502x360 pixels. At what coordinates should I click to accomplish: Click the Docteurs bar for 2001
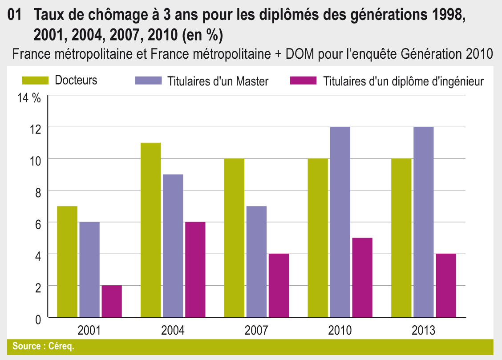pos(67,262)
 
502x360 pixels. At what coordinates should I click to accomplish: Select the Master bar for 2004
pos(173,246)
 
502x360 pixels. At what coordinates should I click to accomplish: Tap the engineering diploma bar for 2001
pos(112,301)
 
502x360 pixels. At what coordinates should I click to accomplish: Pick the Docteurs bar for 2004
pos(151,230)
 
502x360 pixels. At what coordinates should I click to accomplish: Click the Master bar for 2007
pos(256,262)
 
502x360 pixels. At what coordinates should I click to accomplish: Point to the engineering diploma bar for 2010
pos(362,278)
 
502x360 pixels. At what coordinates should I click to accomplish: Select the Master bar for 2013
pos(423,222)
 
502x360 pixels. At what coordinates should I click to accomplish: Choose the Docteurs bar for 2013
pos(401,238)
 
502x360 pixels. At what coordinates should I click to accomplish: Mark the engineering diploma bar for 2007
pos(279,285)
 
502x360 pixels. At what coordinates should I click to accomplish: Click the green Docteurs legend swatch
pos(35,81)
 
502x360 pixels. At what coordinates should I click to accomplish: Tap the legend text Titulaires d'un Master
pos(218,81)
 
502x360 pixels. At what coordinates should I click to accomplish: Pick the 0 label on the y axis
pos(38,319)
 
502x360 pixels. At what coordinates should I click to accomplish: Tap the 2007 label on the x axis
pos(256,331)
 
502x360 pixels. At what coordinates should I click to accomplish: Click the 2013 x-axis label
pos(423,331)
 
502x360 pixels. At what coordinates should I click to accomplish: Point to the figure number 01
pos(15,17)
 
